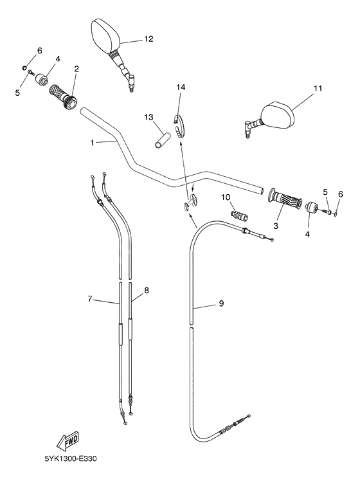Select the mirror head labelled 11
tap(278, 116)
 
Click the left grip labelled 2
tap(63, 95)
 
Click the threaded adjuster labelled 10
tap(239, 213)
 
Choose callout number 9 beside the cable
tap(221, 304)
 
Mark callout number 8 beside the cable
tap(147, 291)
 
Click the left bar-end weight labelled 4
tap(43, 80)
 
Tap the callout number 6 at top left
tap(39, 51)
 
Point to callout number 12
tap(148, 39)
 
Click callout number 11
tap(318, 89)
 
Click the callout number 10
tap(226, 197)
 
